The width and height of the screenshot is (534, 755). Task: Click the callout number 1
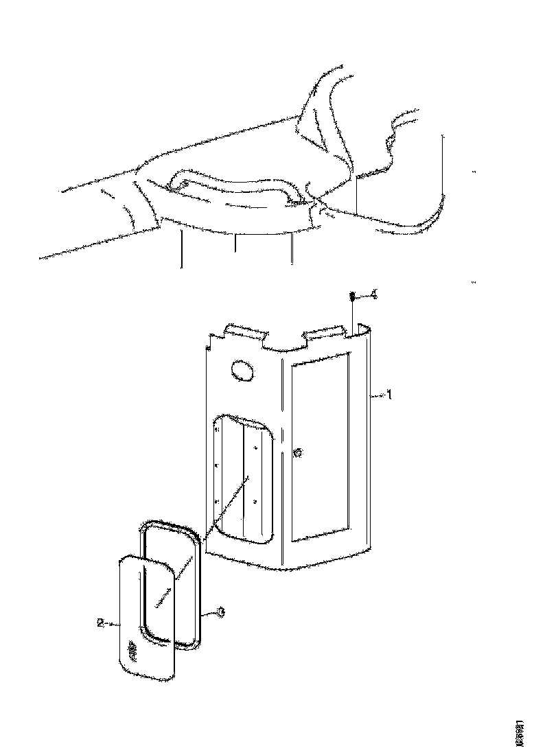[x=389, y=395]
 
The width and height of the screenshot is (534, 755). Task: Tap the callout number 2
[x=100, y=623]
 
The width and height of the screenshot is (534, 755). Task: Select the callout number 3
[x=220, y=613]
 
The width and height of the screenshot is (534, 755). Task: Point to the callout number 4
[x=373, y=294]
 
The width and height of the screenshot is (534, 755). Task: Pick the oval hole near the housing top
[x=242, y=371]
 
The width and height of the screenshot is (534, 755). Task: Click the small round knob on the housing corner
[x=297, y=452]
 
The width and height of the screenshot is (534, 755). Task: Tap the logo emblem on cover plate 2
[x=133, y=649]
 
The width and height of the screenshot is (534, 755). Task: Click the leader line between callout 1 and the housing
[x=378, y=395]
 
